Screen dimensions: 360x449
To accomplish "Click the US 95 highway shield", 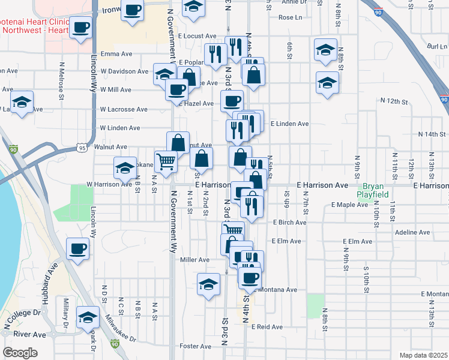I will coord(82,148).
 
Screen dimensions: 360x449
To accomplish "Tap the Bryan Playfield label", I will coord(376,191).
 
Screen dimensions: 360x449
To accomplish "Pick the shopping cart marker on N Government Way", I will coord(166,161).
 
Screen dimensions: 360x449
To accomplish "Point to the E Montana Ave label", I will coord(276,290).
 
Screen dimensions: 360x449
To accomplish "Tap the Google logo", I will coord(20,353).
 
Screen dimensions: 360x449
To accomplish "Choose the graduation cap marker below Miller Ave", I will coord(208,284).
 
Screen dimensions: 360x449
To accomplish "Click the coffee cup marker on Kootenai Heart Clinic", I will coord(81,27).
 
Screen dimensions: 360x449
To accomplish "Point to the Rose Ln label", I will coord(290,17).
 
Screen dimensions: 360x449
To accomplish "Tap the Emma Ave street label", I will coord(116,54).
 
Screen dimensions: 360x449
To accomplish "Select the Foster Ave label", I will coord(194,346).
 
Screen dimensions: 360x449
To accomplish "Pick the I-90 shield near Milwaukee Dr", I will coord(114,344).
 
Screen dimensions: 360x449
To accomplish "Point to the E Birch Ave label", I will coord(289,223).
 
